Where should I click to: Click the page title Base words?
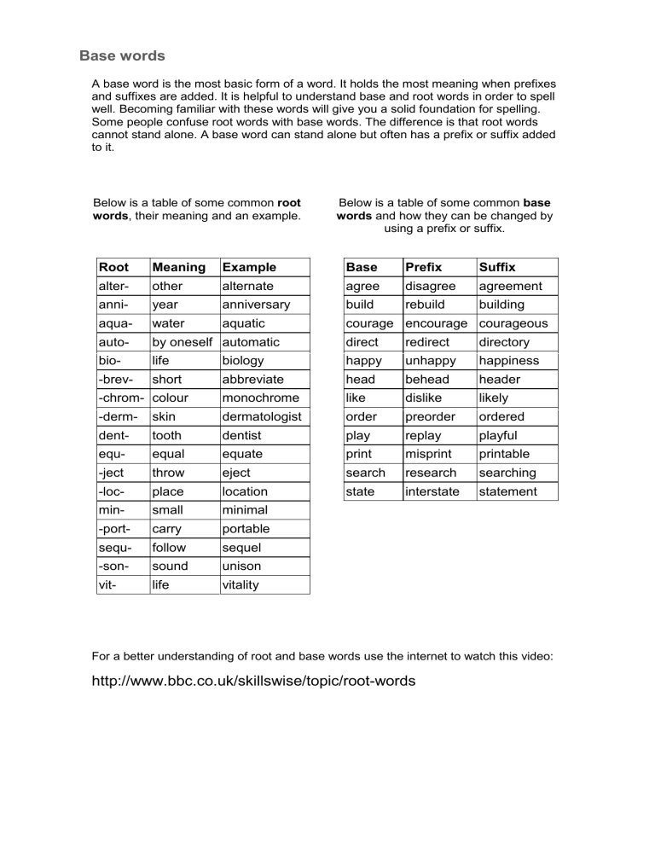coord(122,56)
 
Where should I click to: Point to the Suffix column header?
coord(497,267)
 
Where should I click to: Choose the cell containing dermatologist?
coord(264,416)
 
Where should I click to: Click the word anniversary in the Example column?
coord(255,305)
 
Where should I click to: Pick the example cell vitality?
coord(240,585)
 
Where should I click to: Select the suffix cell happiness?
coord(509,361)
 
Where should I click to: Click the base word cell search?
coord(366,473)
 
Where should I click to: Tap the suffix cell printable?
coord(504,454)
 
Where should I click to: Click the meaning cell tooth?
coord(167,435)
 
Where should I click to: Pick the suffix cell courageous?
coord(513,323)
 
